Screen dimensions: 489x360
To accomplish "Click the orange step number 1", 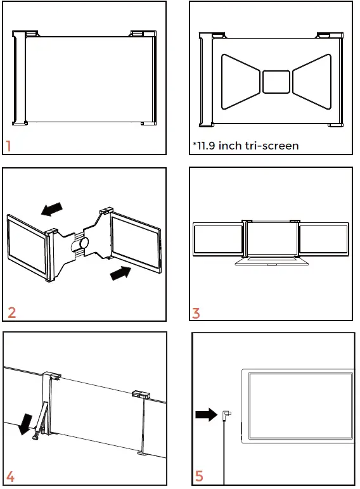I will tap(9, 146).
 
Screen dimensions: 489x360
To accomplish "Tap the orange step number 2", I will tap(11, 312).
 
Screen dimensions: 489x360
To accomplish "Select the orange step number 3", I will tap(196, 313).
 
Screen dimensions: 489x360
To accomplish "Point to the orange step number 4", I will tap(11, 476).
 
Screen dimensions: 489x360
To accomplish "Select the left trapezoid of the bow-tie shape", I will tap(241, 80).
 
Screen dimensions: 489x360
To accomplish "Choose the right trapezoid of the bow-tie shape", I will tap(310, 80).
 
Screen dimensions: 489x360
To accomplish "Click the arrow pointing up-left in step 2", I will tap(51, 209).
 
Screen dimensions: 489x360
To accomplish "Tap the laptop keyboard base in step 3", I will tap(271, 260).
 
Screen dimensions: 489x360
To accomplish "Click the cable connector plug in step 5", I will tap(228, 417).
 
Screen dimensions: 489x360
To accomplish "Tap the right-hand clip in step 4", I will tap(140, 395).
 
